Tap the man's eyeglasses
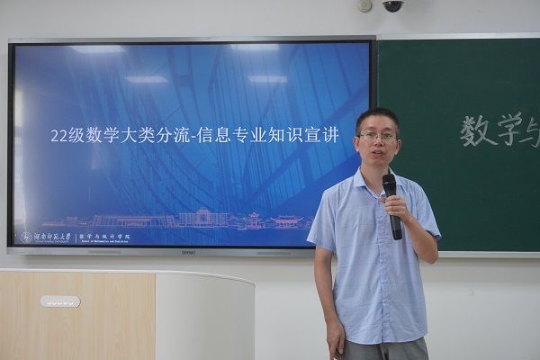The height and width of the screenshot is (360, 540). [378, 137]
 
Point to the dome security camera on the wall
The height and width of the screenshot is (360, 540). [392, 5]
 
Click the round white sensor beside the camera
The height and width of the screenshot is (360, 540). [364, 5]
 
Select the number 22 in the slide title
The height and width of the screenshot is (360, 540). [59, 136]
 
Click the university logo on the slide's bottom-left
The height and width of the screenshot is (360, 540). [26, 238]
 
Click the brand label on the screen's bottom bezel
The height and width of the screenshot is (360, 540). [189, 253]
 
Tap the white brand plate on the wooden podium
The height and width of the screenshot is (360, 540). [59, 301]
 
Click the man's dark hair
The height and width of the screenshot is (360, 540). [376, 116]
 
